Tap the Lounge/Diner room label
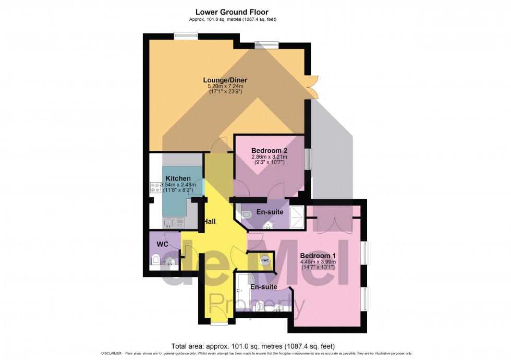[225, 80]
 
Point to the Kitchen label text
[178, 178]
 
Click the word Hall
[210, 221]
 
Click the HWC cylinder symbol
[265, 260]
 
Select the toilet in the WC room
[155, 259]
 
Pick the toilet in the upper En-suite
[247, 214]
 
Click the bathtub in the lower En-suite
[242, 293]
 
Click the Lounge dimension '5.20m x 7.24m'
[225, 86]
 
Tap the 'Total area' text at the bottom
[253, 346]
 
